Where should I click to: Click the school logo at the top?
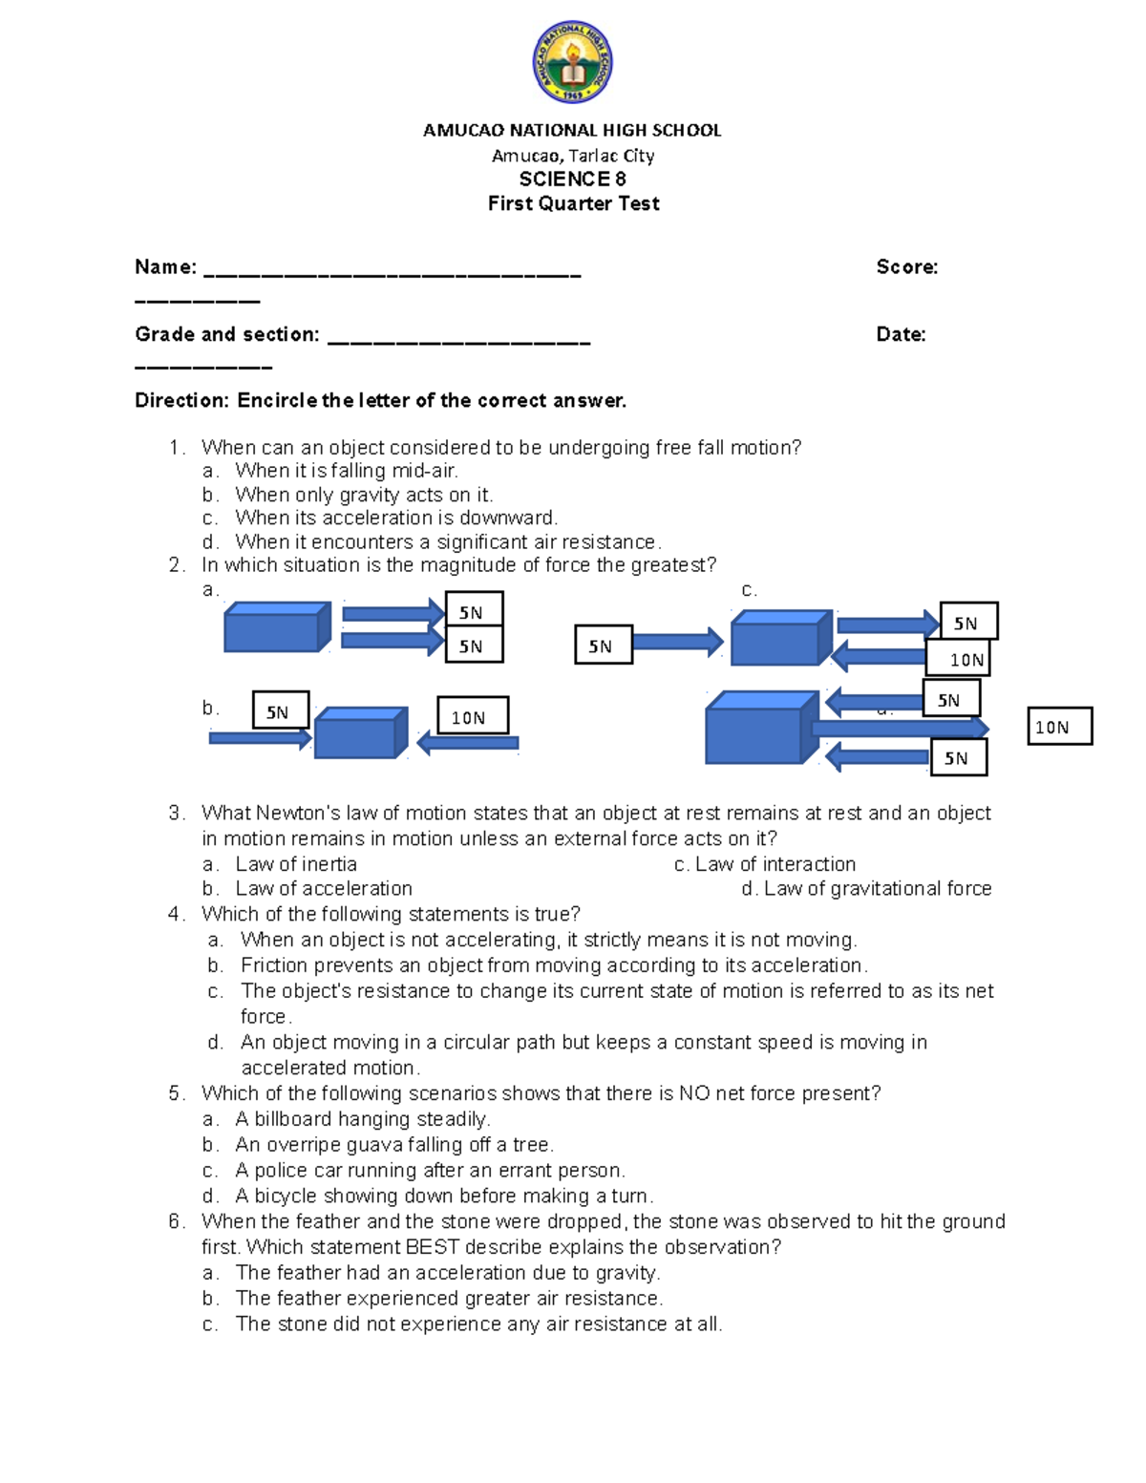[x=572, y=63]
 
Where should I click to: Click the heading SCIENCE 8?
[x=572, y=180]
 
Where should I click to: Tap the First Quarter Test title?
[x=573, y=203]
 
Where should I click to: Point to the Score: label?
[x=906, y=267]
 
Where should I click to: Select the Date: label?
[x=901, y=334]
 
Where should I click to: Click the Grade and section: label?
[x=226, y=334]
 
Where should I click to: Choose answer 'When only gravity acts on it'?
[x=364, y=495]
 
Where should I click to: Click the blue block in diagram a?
[x=276, y=627]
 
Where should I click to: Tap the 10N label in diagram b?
[x=472, y=716]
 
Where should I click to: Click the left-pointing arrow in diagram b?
[x=468, y=742]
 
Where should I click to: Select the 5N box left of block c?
[x=603, y=646]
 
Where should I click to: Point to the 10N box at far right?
[x=1058, y=727]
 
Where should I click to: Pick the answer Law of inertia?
[x=295, y=864]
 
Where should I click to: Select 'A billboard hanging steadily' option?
[x=362, y=1119]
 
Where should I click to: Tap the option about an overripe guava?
[x=393, y=1145]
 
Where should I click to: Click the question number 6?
[x=176, y=1221]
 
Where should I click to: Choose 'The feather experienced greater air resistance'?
[x=449, y=1299]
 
